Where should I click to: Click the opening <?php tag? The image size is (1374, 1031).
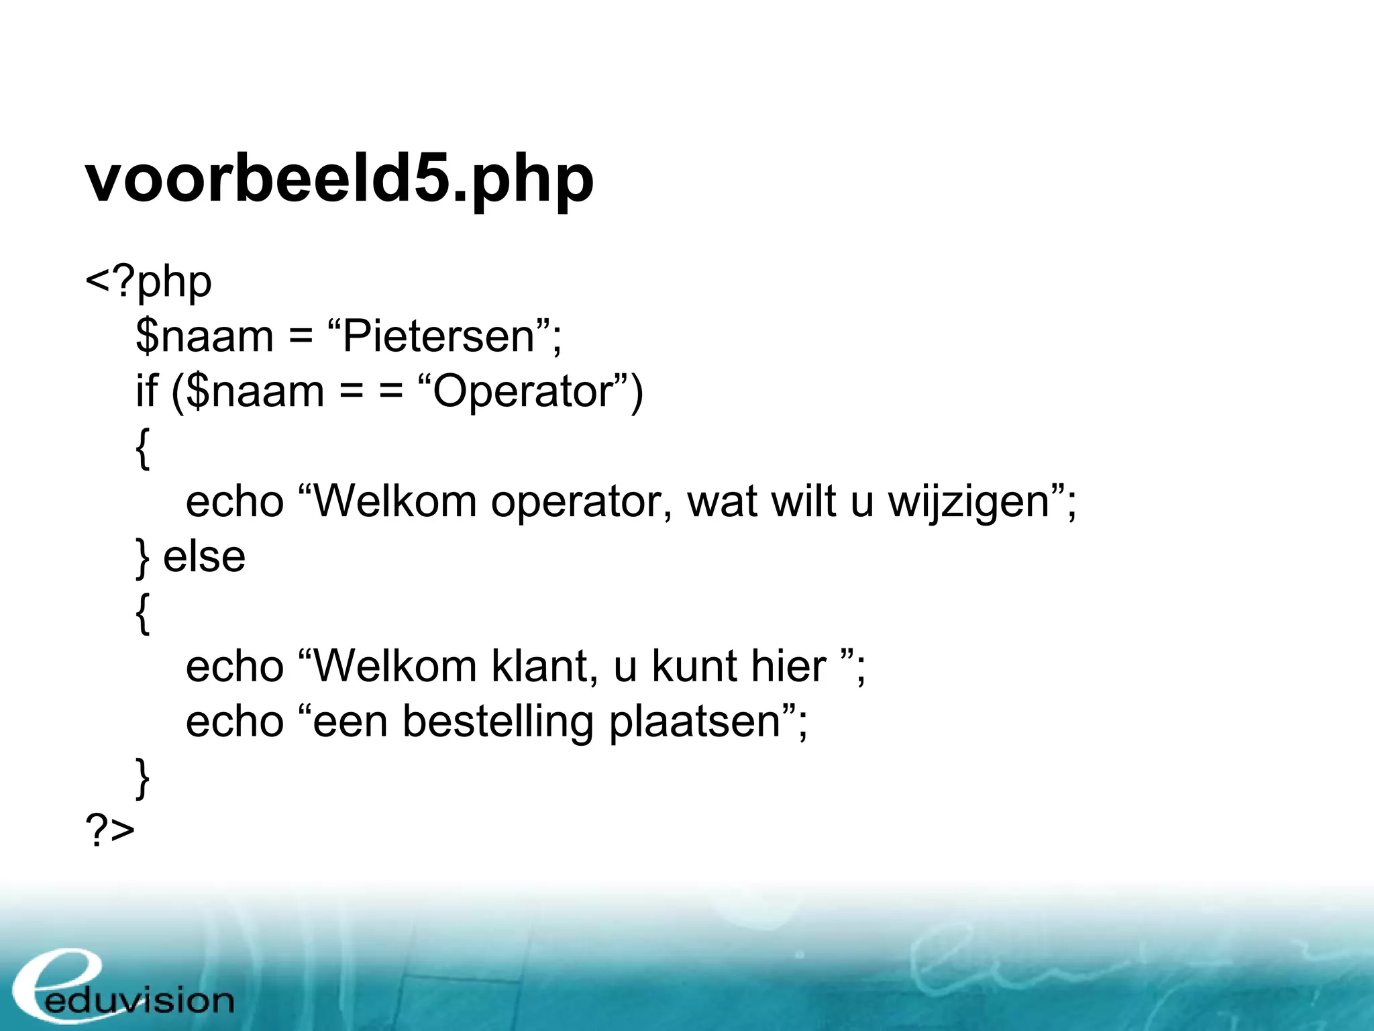[148, 282]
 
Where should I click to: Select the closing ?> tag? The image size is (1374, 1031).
[110, 831]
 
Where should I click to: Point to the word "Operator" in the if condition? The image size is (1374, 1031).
[523, 392]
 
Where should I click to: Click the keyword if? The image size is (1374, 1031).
[146, 392]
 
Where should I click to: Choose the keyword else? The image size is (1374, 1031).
[204, 557]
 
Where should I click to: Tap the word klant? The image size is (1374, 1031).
[543, 667]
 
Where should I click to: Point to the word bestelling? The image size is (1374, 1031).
[498, 722]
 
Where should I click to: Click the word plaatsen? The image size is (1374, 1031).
[695, 722]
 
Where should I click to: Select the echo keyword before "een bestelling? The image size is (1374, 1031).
[235, 722]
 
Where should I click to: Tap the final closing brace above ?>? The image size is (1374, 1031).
[142, 777]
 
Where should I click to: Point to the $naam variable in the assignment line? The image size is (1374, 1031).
[204, 337]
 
